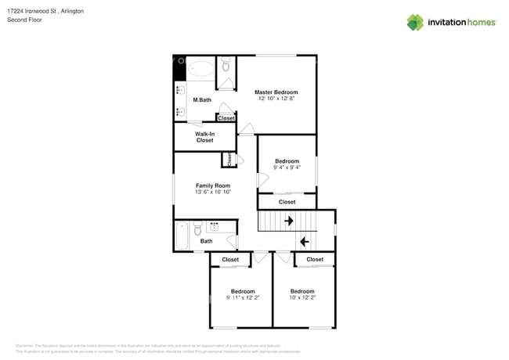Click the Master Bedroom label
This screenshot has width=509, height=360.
point(276,92)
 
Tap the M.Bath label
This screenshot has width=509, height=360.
point(202,100)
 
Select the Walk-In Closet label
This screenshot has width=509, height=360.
point(204,137)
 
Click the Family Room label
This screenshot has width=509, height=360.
point(212,185)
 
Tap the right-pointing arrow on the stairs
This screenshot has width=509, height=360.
point(288,221)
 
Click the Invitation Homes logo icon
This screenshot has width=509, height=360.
point(415,22)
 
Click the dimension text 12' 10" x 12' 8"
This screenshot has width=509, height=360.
point(276,99)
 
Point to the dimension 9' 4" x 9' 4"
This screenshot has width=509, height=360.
point(287,167)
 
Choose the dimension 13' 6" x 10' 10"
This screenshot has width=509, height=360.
point(212,192)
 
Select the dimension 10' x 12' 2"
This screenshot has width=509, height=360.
point(302,297)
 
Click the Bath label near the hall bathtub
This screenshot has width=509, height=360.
point(206,241)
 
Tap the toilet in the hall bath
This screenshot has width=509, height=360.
point(197,229)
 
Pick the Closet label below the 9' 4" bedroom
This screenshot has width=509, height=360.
point(287,202)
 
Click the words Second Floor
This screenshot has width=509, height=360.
point(24,20)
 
